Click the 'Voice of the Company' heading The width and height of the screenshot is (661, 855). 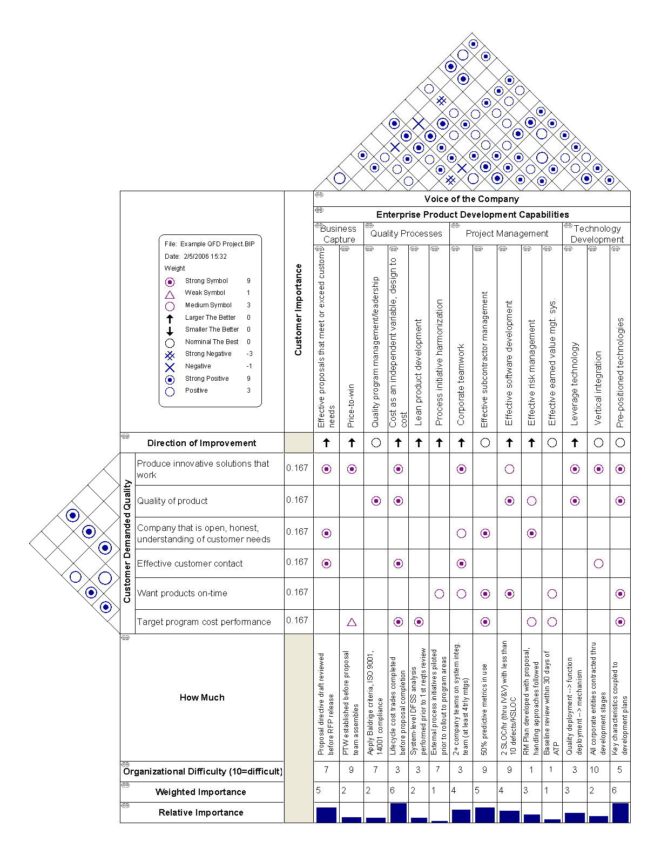coord(471,199)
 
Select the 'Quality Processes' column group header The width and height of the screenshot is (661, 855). coord(406,233)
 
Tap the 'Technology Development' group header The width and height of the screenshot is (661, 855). coord(597,234)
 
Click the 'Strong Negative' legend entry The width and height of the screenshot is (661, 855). coord(208,354)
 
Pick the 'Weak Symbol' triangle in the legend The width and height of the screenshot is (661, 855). coord(170,294)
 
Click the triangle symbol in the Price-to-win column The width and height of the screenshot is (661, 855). coord(352,622)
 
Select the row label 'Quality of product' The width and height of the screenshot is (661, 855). coord(172,501)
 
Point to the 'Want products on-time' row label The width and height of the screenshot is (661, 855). coord(182,593)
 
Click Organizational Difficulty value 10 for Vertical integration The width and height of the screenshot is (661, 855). coord(594,770)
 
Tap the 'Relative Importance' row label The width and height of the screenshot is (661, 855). coord(201,812)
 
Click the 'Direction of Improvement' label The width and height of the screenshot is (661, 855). coord(201,443)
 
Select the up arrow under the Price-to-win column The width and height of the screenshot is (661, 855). coord(352,443)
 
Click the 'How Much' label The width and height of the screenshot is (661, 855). coord(202,697)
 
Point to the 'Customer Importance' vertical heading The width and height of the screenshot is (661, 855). coord(298,309)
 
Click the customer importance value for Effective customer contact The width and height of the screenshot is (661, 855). coord(297,562)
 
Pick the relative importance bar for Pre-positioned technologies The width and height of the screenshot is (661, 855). coord(620,813)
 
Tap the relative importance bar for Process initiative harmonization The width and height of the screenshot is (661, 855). coord(439,821)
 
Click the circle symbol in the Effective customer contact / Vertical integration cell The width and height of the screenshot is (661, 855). coord(598,563)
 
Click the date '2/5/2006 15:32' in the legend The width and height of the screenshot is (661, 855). coord(205,257)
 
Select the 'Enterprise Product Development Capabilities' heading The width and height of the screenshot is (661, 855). coord(472,214)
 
